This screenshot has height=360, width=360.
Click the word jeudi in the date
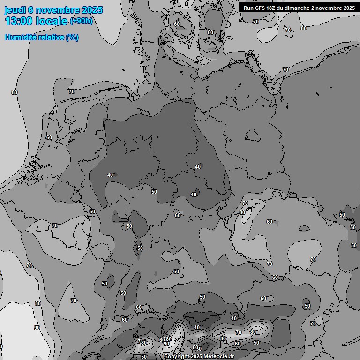(x=15, y=10)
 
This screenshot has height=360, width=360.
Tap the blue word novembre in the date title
(x=58, y=10)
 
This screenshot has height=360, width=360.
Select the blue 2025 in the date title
(x=92, y=10)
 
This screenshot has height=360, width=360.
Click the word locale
(x=51, y=22)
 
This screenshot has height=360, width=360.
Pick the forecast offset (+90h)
(x=81, y=22)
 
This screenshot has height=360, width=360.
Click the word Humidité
(x=20, y=37)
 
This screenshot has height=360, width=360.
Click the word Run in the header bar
(x=248, y=8)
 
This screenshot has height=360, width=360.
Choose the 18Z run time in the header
(x=273, y=8)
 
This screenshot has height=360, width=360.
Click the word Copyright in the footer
(x=177, y=357)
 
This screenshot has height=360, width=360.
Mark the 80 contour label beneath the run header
(x=304, y=28)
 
